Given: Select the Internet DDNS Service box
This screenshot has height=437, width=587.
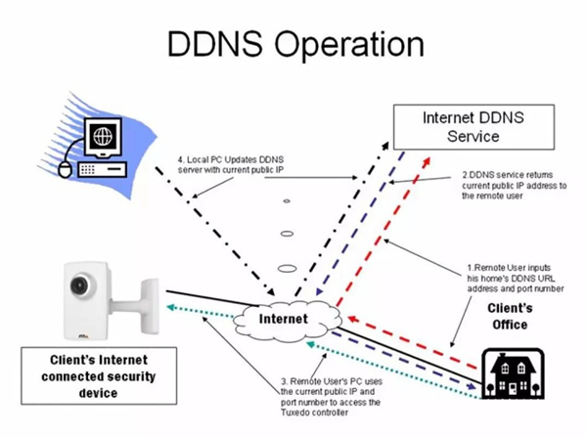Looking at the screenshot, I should pyautogui.click(x=473, y=126).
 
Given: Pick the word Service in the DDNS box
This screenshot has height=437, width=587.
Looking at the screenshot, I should pyautogui.click(x=474, y=137).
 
